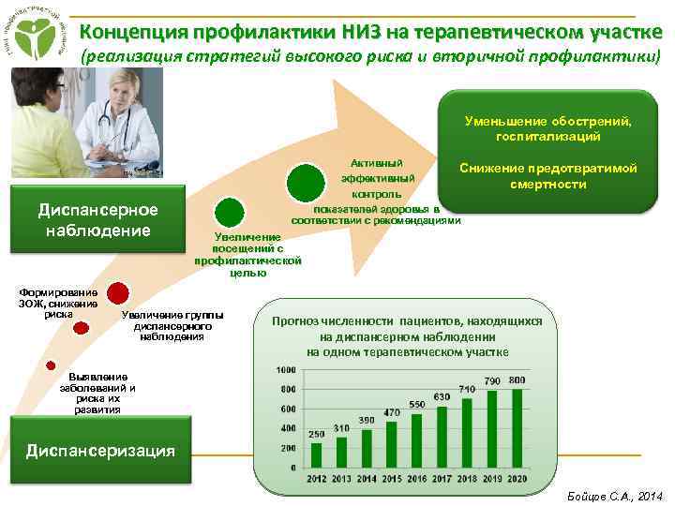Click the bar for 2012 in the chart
pyautogui.click(x=317, y=455)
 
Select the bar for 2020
pyautogui.click(x=517, y=428)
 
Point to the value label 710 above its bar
pyautogui.click(x=467, y=389)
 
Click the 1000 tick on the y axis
pyautogui.click(x=286, y=371)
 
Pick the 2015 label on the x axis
pyautogui.click(x=392, y=479)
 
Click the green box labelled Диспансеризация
pyautogui.click(x=101, y=451)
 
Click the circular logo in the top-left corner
pyautogui.click(x=37, y=38)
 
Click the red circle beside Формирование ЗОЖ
pyautogui.click(x=118, y=294)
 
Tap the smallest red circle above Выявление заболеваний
pyautogui.click(x=51, y=365)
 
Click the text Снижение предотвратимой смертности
pyautogui.click(x=548, y=176)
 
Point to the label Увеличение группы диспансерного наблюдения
pyautogui.click(x=172, y=324)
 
